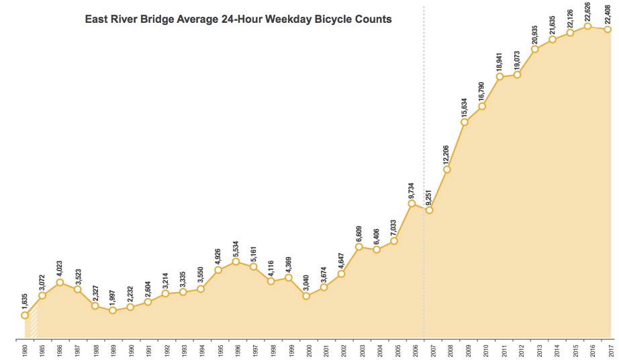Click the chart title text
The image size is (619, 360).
click(238, 19)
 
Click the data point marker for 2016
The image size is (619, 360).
click(588, 26)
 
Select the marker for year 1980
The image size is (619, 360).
click(25, 314)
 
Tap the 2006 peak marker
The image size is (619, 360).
click(412, 203)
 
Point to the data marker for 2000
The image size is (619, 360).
click(306, 296)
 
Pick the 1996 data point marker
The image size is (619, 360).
click(236, 261)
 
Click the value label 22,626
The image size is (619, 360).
click(588, 11)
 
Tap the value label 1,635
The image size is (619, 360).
click(25, 299)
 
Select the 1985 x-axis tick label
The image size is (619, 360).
click(42, 351)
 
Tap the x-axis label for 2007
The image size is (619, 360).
click(430, 351)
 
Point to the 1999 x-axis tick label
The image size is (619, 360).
click(289, 351)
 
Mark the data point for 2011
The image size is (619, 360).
click(500, 76)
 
